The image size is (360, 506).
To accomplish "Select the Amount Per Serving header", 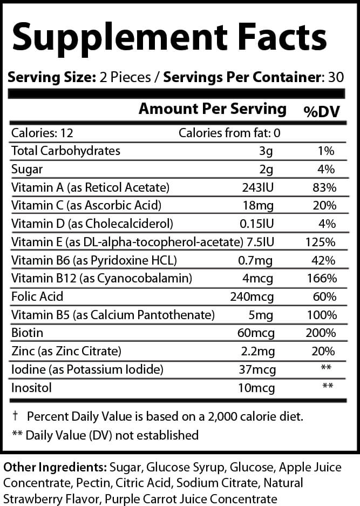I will click(213, 109).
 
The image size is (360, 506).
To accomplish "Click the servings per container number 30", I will click(336, 77).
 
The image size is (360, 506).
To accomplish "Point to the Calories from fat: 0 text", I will click(229, 133).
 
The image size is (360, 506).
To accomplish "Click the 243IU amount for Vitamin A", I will click(260, 187).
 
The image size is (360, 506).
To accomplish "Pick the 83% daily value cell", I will click(324, 187).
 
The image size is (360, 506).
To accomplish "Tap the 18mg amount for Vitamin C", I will click(263, 206).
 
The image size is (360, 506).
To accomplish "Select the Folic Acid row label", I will click(37, 296).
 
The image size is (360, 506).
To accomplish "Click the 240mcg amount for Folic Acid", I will click(256, 296).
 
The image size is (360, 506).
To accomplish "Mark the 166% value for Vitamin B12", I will click(322, 279).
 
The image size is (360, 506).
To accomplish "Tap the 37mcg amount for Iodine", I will click(257, 369).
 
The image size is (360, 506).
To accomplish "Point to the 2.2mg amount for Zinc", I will click(261, 352).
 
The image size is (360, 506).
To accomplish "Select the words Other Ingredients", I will click(55, 466).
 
